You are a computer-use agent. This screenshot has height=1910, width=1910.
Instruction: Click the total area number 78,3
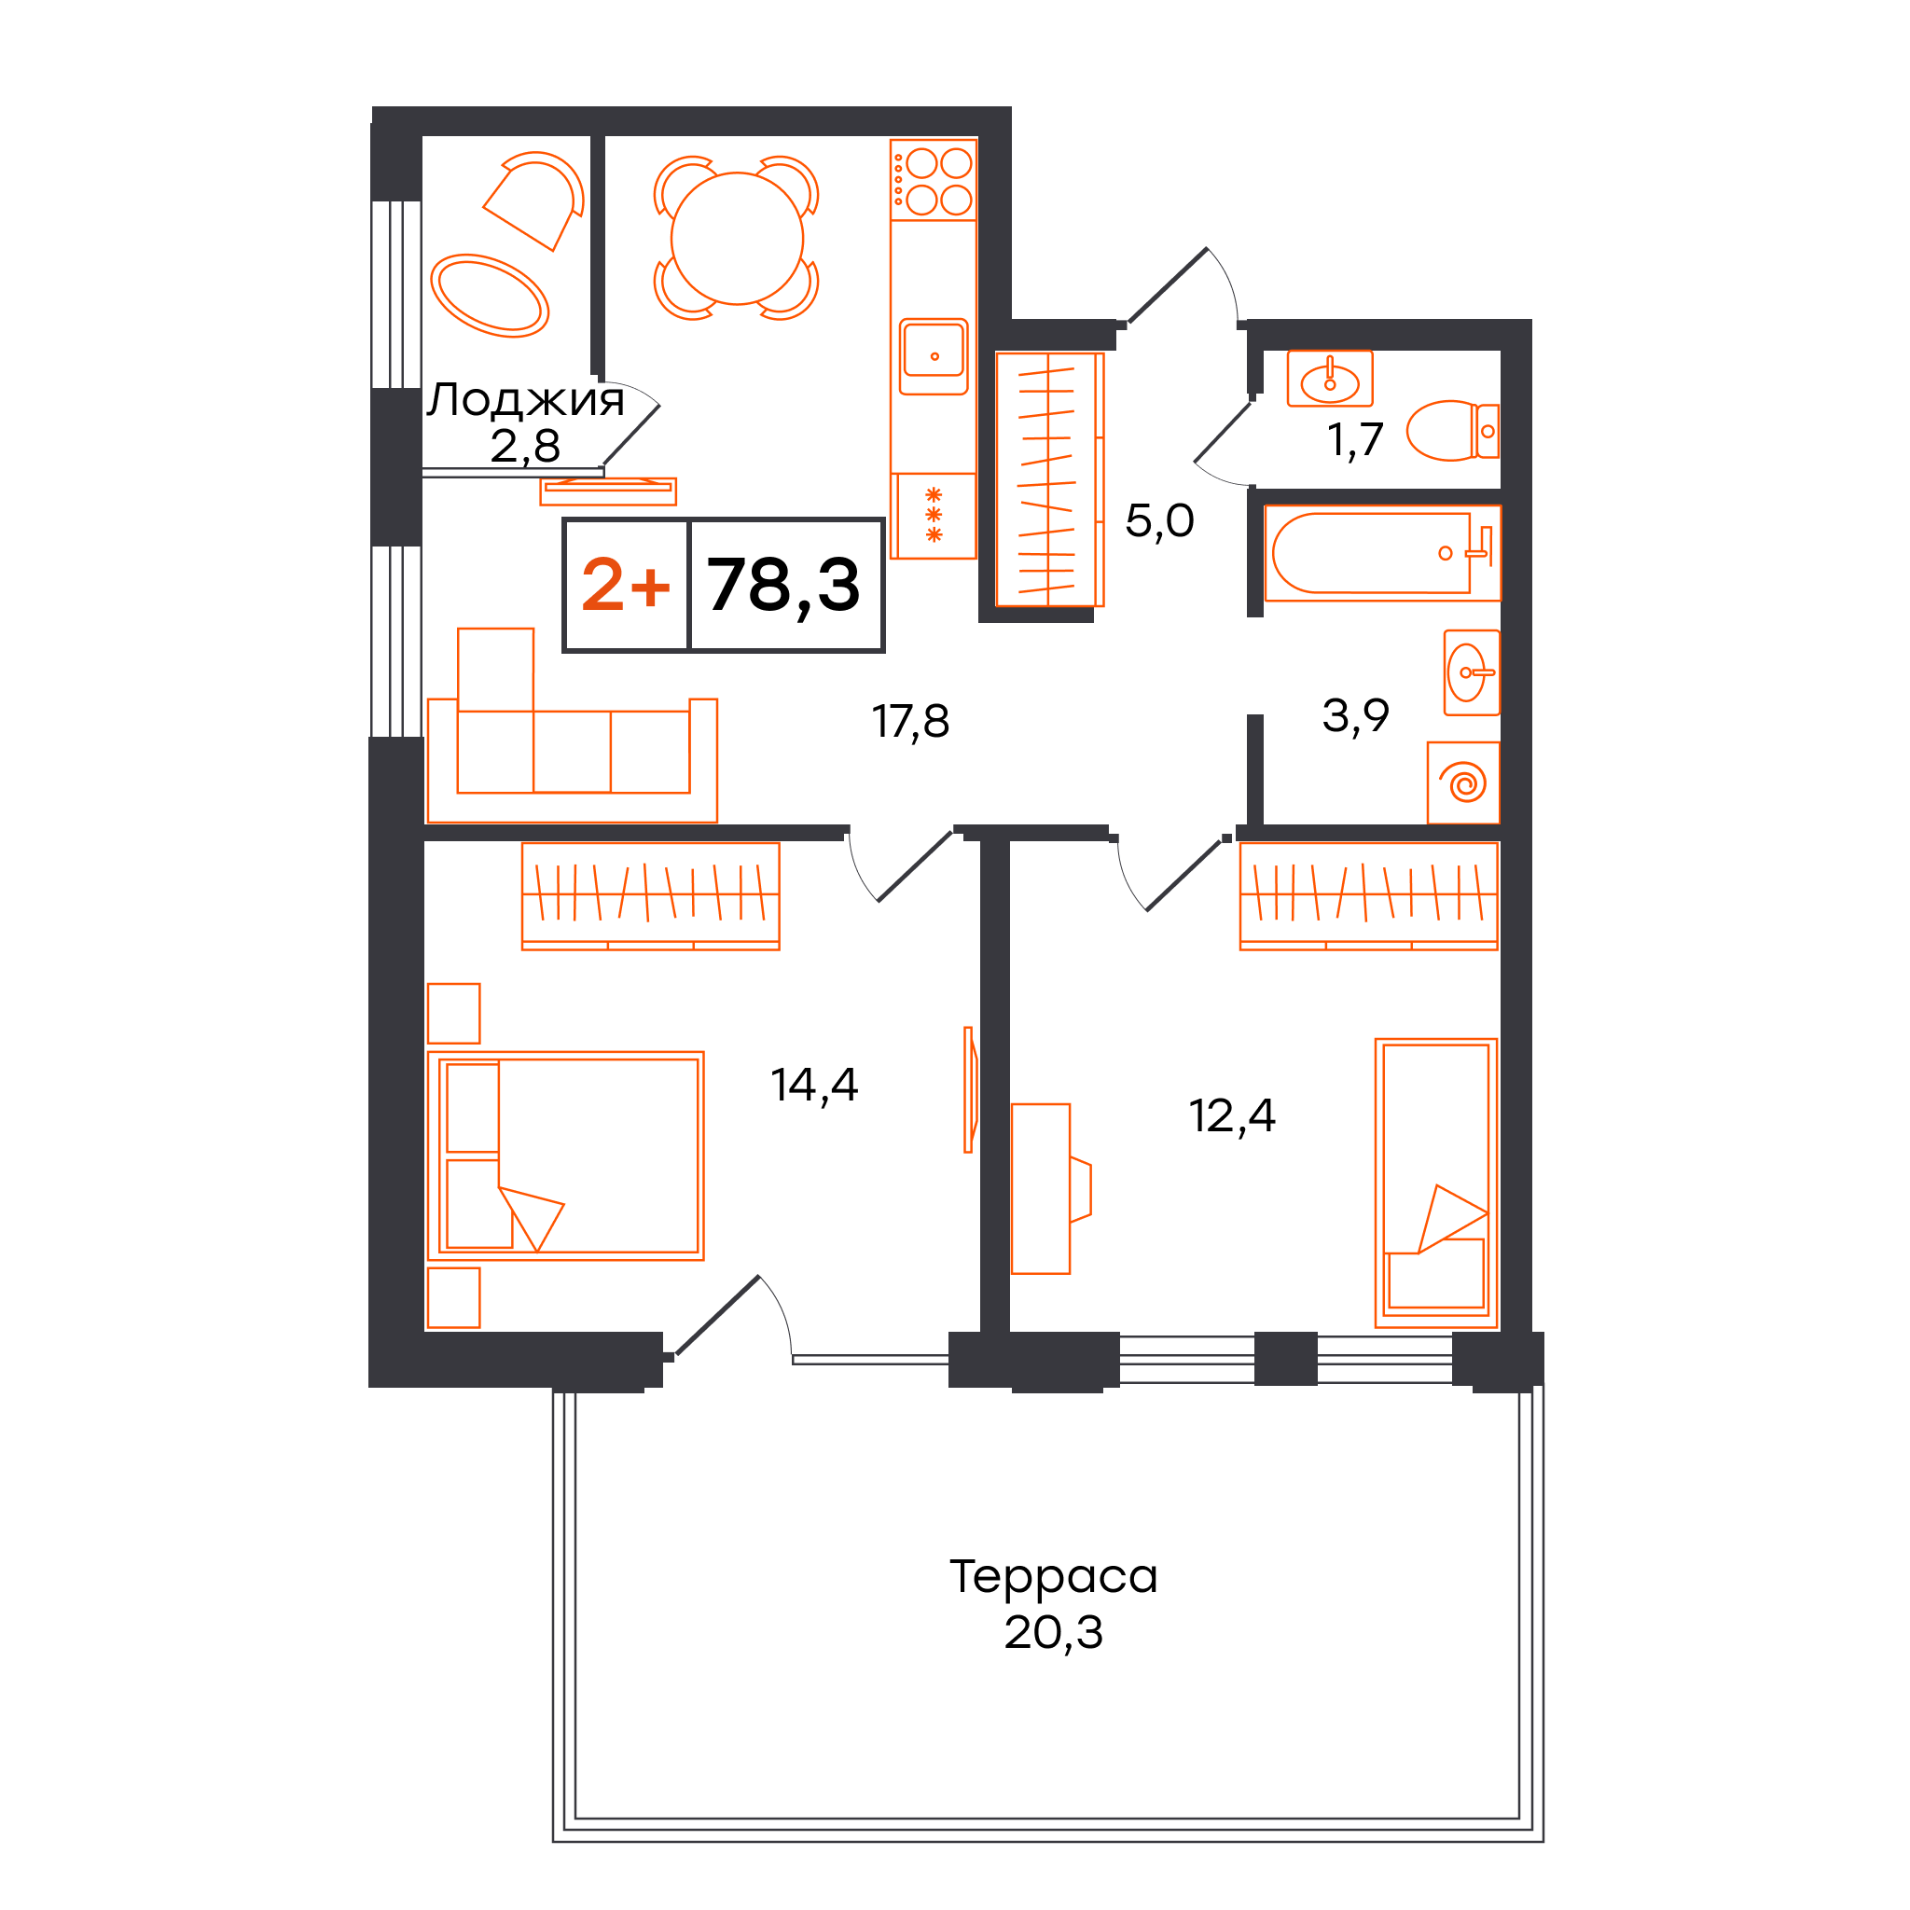coord(783,587)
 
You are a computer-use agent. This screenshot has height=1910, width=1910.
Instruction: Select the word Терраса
coord(1053,1576)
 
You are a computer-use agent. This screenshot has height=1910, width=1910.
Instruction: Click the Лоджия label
coord(525,399)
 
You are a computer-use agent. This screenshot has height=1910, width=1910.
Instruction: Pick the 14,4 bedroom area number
coord(813,1085)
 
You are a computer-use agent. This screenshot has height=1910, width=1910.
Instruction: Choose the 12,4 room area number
coord(1232,1115)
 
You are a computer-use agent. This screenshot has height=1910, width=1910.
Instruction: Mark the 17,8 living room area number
coord(910,722)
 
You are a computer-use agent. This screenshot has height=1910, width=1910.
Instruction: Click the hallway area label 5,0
coord(1159,521)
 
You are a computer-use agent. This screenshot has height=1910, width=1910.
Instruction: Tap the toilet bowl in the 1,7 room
coord(1452,430)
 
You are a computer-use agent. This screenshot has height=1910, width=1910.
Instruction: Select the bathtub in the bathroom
coord(1382,554)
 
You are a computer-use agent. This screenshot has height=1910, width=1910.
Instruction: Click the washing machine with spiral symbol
coord(1464,783)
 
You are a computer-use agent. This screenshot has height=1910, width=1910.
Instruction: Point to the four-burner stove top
coord(934,180)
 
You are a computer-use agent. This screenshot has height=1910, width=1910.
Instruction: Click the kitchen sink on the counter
coord(934,356)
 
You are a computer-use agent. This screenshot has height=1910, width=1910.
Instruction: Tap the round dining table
coord(737,238)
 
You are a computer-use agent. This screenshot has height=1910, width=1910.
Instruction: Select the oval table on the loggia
coord(490,296)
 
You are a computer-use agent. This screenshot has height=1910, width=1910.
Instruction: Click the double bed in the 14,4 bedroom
coord(565,1156)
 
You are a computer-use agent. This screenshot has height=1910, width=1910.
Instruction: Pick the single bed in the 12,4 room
coord(1436,1183)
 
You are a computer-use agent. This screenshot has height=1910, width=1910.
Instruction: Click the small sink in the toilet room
coord(1330,378)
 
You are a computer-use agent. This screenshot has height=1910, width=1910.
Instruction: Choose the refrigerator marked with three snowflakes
coord(934,515)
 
